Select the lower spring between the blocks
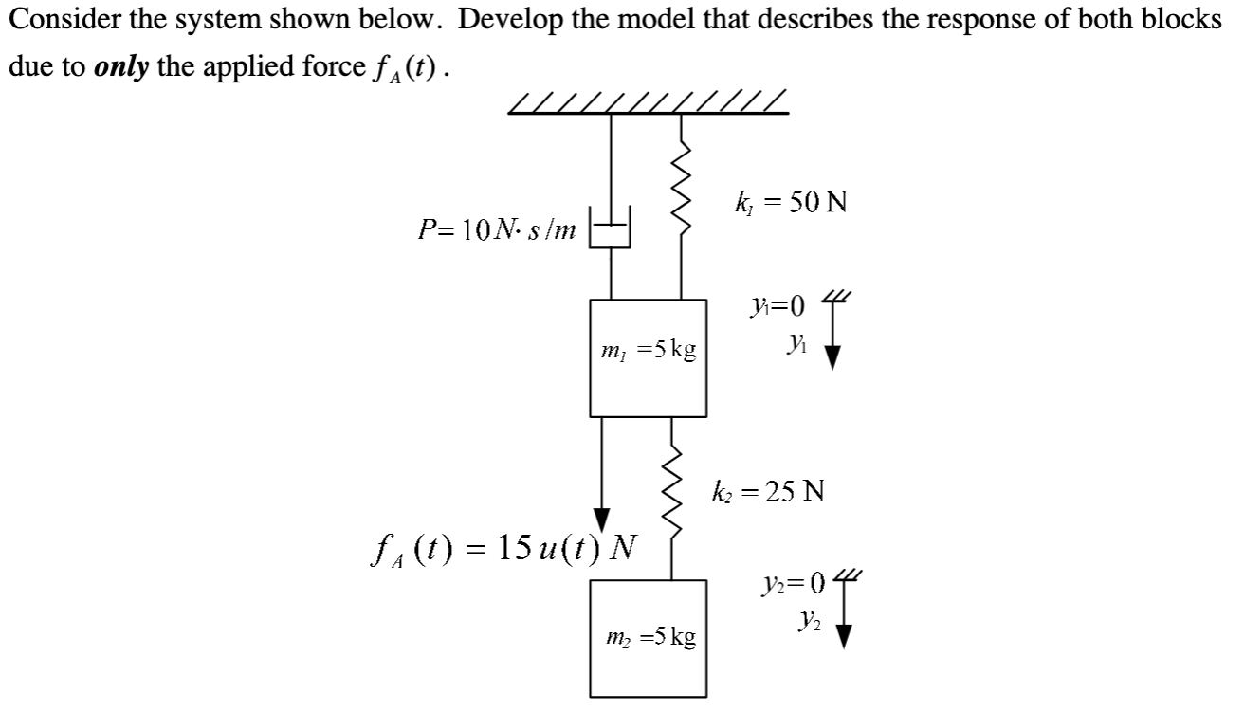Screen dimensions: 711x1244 point(672,494)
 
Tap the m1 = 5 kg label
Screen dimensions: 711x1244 point(649,350)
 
